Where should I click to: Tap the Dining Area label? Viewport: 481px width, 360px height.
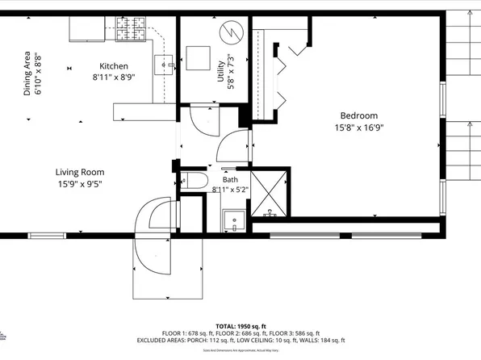coord(27,74)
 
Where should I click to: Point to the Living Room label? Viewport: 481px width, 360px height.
coord(79,172)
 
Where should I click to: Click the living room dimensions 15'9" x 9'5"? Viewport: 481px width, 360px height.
coord(79,183)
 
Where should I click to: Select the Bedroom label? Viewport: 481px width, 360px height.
coord(358,115)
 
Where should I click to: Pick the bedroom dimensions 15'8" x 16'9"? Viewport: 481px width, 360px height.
coord(358,128)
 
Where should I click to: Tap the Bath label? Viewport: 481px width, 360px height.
coord(230,179)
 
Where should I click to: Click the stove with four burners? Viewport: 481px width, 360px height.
coord(129,31)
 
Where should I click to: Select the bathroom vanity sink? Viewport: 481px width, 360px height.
coord(234,220)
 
